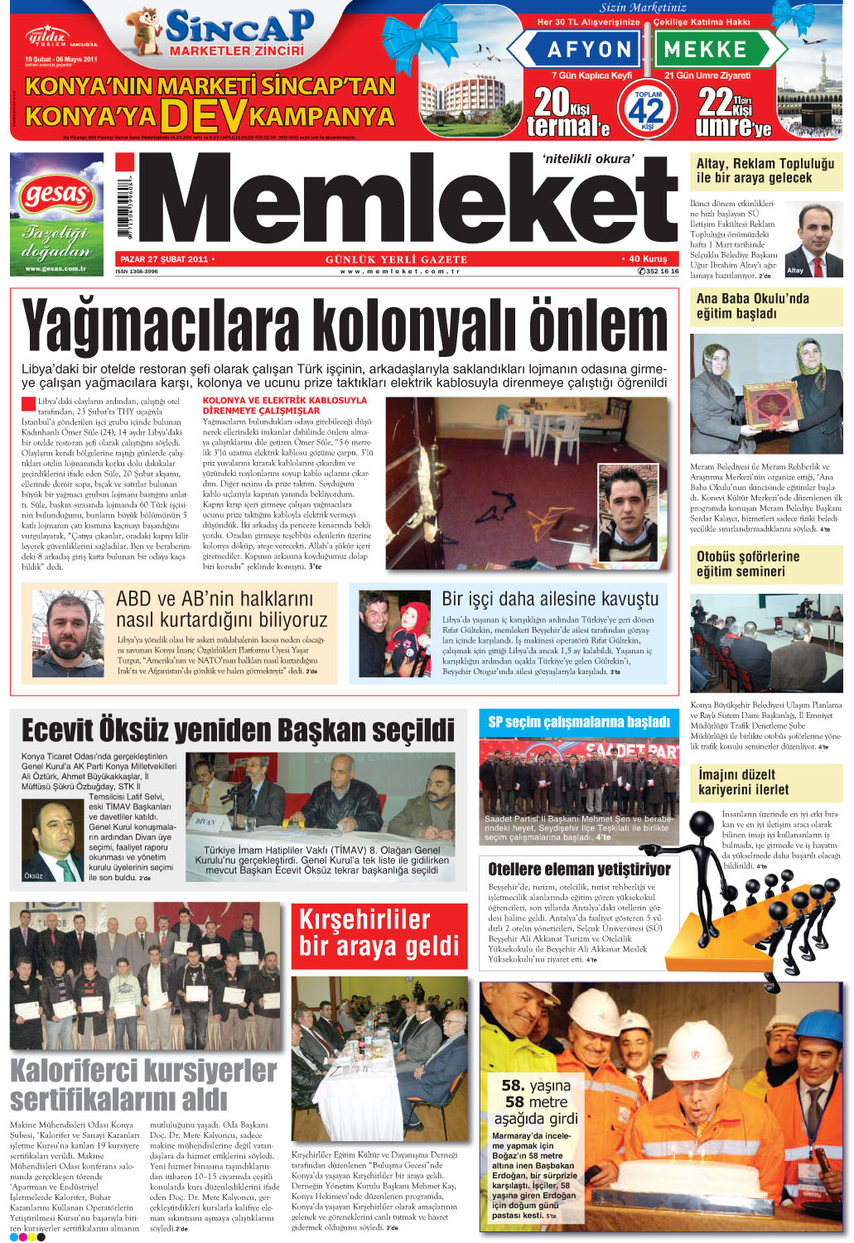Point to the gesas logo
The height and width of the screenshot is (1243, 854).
pyautogui.click(x=56, y=196)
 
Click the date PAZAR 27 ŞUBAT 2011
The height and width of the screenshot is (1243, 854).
pyautogui.click(x=164, y=259)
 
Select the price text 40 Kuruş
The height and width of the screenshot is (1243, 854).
pyautogui.click(x=644, y=259)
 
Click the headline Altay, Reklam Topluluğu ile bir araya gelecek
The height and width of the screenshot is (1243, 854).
pyautogui.click(x=765, y=171)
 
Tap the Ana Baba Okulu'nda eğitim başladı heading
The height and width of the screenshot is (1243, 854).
pyautogui.click(x=752, y=306)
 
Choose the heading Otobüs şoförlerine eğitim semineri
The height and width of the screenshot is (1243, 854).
pyautogui.click(x=747, y=564)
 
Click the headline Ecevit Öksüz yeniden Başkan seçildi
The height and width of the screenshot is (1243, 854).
pyautogui.click(x=239, y=730)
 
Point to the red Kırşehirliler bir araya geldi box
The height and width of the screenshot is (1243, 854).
pyautogui.click(x=379, y=932)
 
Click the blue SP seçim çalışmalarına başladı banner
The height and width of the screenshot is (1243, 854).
pyautogui.click(x=578, y=722)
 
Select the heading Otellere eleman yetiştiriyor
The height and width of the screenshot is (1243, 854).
pyautogui.click(x=579, y=869)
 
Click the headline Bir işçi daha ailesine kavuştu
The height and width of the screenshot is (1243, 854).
pyautogui.click(x=550, y=599)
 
